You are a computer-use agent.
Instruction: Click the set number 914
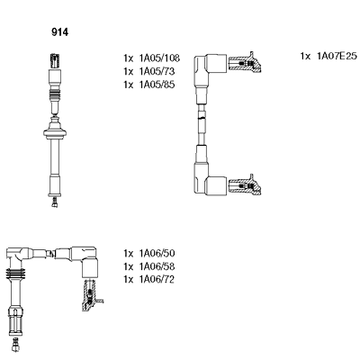click(59, 32)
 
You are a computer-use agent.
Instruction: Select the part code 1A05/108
click(159, 58)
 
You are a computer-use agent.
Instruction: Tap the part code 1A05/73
click(157, 71)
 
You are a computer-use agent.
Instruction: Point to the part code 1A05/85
click(157, 85)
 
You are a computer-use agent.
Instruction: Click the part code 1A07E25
click(337, 56)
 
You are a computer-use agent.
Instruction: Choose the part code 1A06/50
click(157, 254)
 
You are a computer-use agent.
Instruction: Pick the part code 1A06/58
click(157, 266)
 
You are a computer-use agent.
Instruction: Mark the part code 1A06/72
click(157, 279)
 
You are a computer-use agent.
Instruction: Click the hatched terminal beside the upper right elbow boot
click(245, 63)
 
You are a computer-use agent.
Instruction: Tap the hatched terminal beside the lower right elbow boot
click(245, 184)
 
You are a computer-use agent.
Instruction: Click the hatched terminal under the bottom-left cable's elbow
click(91, 295)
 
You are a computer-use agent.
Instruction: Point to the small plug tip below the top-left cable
click(54, 202)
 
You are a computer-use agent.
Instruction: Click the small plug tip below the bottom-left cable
click(15, 344)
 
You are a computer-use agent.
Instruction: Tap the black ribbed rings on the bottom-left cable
click(15, 274)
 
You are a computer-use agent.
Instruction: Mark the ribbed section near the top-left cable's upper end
click(55, 95)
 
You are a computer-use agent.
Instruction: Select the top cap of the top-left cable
click(55, 61)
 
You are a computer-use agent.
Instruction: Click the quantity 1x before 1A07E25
click(305, 56)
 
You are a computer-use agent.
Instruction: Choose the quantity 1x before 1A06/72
click(128, 279)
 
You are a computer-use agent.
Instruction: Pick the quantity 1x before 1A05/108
click(128, 58)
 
